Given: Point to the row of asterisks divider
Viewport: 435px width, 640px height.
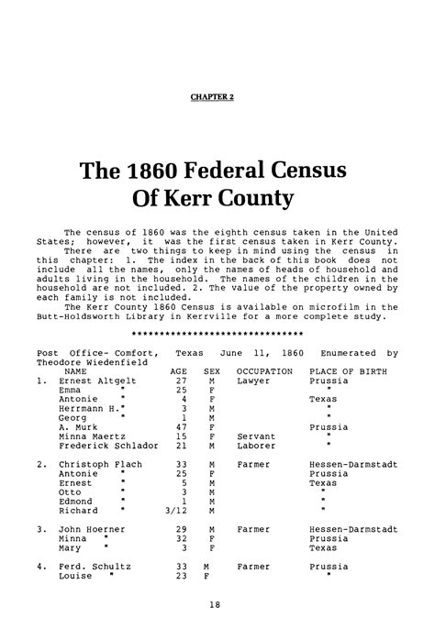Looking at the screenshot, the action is pyautogui.click(x=217, y=332).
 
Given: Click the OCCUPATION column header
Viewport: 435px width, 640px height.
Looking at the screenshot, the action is pyautogui.click(x=264, y=371).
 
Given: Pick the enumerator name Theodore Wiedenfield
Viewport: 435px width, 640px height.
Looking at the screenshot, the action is pyautogui.click(x=88, y=361).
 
